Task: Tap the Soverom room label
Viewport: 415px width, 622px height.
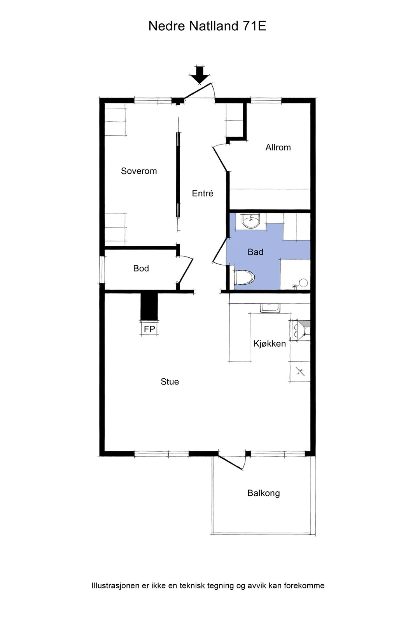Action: click(138, 171)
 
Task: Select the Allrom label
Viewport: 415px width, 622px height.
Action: click(278, 147)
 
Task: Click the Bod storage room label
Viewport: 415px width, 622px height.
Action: click(141, 268)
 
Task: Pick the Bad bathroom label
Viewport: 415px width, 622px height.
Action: click(255, 252)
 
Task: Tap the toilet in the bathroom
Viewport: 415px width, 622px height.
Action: click(244, 278)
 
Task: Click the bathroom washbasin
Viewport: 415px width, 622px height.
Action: click(250, 221)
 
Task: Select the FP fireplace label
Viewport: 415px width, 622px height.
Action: click(149, 329)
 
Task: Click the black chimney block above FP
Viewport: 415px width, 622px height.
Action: click(149, 307)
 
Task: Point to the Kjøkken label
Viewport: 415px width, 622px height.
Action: click(270, 344)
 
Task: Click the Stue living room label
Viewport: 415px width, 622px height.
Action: click(170, 381)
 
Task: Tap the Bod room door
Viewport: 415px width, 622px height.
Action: click(185, 271)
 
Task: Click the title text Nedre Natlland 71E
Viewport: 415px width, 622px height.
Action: click(207, 26)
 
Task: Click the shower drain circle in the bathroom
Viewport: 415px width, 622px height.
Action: click(303, 283)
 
